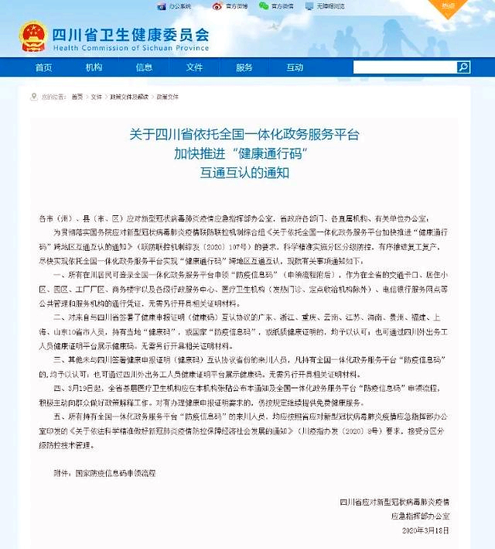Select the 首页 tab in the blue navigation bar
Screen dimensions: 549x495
(43, 67)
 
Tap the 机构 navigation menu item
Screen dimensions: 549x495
(94, 67)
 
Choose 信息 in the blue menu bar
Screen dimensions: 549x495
(144, 67)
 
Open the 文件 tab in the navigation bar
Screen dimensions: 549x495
(194, 67)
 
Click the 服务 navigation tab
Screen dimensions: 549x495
(244, 67)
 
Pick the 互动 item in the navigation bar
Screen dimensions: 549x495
(295, 67)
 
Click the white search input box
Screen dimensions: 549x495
(403, 67)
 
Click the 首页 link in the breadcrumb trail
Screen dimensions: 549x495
(77, 98)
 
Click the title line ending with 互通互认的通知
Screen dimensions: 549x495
(244, 173)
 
